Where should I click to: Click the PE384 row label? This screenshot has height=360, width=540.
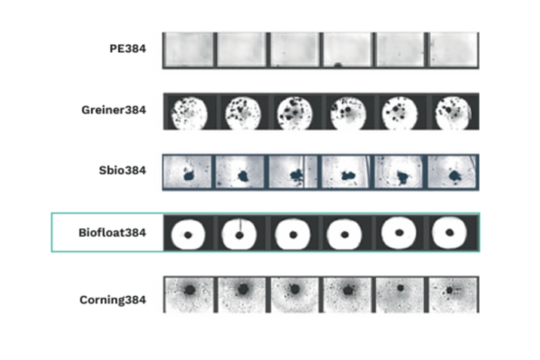pos(128,49)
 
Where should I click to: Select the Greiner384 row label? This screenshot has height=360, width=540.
pos(113,110)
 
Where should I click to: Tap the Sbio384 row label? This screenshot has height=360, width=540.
pos(122,170)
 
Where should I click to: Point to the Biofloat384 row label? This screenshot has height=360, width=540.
pos(112,232)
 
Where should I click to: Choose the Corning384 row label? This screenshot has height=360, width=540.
pos(112,300)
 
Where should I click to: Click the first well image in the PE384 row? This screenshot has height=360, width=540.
pos(188,49)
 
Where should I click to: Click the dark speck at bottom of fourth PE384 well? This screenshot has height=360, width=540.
pos(337,65)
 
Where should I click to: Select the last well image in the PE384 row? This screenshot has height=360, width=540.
pos(454,49)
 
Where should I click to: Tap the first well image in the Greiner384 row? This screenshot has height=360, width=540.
pos(189,113)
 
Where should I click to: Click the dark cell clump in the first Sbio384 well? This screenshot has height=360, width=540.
pos(188,175)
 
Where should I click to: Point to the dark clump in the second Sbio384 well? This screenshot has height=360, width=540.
pos(243,176)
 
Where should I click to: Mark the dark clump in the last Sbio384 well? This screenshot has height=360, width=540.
pos(454,175)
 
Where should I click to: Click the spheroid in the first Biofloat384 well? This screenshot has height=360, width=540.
pos(188,235)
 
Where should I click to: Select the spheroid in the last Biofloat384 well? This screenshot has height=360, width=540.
pos(449,232)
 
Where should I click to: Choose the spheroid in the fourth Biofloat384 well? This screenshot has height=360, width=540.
pos(345,235)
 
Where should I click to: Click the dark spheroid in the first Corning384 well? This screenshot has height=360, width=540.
pos(190,290)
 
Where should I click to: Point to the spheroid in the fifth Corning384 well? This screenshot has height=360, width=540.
pos(400,288)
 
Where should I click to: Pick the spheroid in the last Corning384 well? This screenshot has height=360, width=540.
pos(449,291)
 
